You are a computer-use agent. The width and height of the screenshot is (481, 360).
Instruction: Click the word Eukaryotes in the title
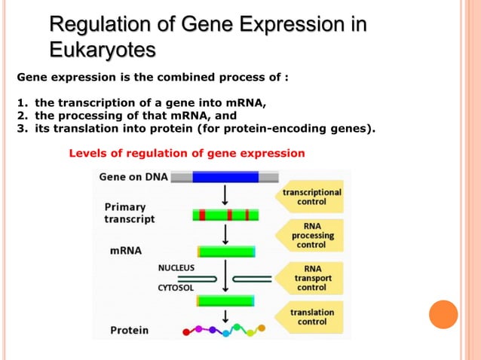coord(103,50)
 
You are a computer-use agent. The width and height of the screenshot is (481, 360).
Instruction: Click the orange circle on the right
coord(443,314)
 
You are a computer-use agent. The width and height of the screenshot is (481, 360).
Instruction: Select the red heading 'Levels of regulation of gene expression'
coord(187,153)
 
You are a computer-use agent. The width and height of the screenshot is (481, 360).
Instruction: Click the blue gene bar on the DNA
coord(225,178)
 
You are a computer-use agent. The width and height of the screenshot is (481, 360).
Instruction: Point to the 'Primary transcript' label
coord(129,212)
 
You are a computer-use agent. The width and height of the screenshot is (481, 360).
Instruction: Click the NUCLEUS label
coord(176,267)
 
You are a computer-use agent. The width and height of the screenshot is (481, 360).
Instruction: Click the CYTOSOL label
coord(176,287)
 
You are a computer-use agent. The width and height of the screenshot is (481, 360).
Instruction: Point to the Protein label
coord(130,330)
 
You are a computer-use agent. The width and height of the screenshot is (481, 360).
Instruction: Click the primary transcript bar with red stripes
coord(225,215)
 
